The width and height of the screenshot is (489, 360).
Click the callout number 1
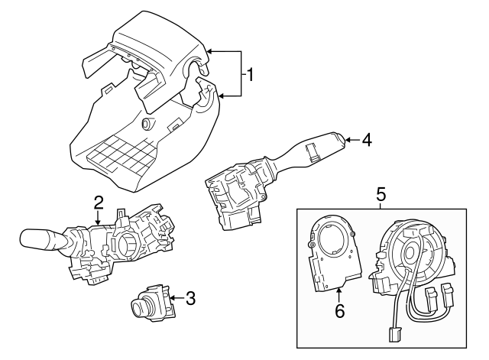[250, 74]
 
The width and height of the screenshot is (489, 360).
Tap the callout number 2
[99, 202]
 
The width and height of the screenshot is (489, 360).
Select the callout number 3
[191, 299]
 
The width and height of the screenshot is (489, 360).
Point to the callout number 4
[367, 140]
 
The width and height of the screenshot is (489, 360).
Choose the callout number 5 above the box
[380, 195]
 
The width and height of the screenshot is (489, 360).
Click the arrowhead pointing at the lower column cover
[220, 96]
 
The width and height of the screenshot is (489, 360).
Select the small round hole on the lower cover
[146, 125]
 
